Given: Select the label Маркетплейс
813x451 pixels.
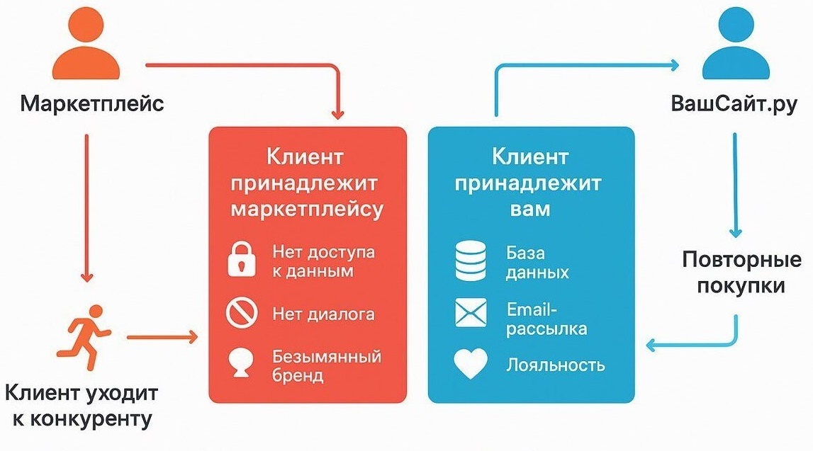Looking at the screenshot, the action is (92, 105).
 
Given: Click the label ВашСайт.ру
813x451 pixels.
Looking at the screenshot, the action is (734, 105).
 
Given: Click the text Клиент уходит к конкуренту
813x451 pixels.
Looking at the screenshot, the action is (82, 406).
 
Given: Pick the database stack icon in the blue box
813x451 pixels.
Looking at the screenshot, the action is (471, 261).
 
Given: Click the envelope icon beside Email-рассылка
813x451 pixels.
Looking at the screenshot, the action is (471, 314).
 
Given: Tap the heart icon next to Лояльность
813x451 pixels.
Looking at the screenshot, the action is (471, 365).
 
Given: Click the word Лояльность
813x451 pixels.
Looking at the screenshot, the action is (556, 365).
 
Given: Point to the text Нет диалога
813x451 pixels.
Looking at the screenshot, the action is (323, 313).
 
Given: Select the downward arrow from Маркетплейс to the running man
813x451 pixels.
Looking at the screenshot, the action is (86, 205).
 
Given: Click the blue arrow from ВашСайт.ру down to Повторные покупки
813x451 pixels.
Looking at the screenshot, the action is (736, 184).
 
